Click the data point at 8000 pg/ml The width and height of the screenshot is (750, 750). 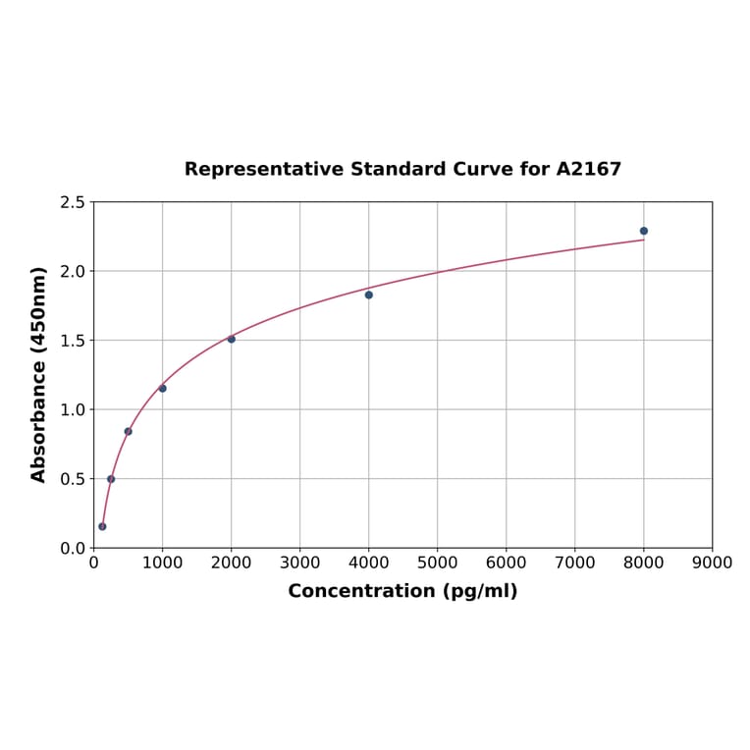click(644, 231)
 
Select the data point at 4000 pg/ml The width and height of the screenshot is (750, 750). click(369, 295)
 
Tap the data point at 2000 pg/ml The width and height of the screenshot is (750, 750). click(232, 339)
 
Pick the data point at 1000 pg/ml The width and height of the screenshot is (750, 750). click(162, 388)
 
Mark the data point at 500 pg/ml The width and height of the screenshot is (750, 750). click(128, 431)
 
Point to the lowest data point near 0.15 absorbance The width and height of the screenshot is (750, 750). click(102, 526)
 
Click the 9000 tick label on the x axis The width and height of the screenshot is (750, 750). click(712, 562)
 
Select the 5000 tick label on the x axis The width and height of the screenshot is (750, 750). click(437, 562)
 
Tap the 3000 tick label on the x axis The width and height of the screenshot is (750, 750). click(299, 562)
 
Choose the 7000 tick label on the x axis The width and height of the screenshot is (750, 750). click(574, 562)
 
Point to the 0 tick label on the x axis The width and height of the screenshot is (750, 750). click(93, 562)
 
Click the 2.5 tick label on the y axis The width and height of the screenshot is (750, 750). click(73, 202)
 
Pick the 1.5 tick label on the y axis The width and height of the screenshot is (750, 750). click(73, 341)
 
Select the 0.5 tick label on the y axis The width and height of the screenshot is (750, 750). click(73, 479)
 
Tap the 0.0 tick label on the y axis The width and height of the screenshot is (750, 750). click(73, 548)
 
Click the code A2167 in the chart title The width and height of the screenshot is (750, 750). click(589, 169)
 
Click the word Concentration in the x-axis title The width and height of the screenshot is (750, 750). click(360, 591)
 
